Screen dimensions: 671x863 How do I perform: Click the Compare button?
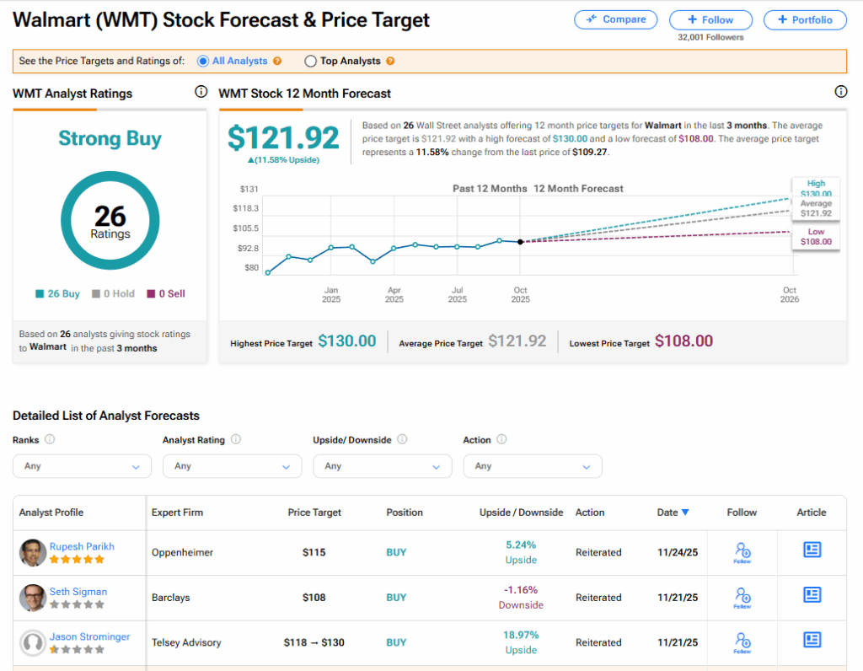[615, 19]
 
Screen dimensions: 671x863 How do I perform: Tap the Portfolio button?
[805, 20]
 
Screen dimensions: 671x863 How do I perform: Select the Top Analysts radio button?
[311, 62]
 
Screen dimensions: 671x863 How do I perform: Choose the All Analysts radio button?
[203, 62]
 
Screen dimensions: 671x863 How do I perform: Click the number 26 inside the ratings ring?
[110, 216]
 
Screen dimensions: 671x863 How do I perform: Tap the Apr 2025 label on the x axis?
[394, 294]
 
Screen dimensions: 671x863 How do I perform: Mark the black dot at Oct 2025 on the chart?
[520, 242]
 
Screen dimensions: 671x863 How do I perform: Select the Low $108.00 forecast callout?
[816, 237]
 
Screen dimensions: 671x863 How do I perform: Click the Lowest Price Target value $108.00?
[683, 341]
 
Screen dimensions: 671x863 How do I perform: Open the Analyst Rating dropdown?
[232, 466]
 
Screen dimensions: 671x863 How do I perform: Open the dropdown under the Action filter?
[532, 466]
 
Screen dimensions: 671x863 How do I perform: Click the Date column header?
[673, 513]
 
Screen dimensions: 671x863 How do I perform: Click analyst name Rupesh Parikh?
[82, 546]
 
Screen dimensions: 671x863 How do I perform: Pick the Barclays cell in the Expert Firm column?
[170, 598]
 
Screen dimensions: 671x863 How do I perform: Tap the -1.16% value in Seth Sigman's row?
[521, 590]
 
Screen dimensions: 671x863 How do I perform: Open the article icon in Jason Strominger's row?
[812, 640]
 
